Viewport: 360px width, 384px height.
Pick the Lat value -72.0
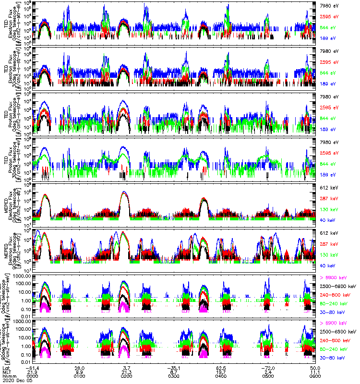267,367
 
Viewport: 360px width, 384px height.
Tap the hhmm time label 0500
267,376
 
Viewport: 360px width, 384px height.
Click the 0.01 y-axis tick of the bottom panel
26,361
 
